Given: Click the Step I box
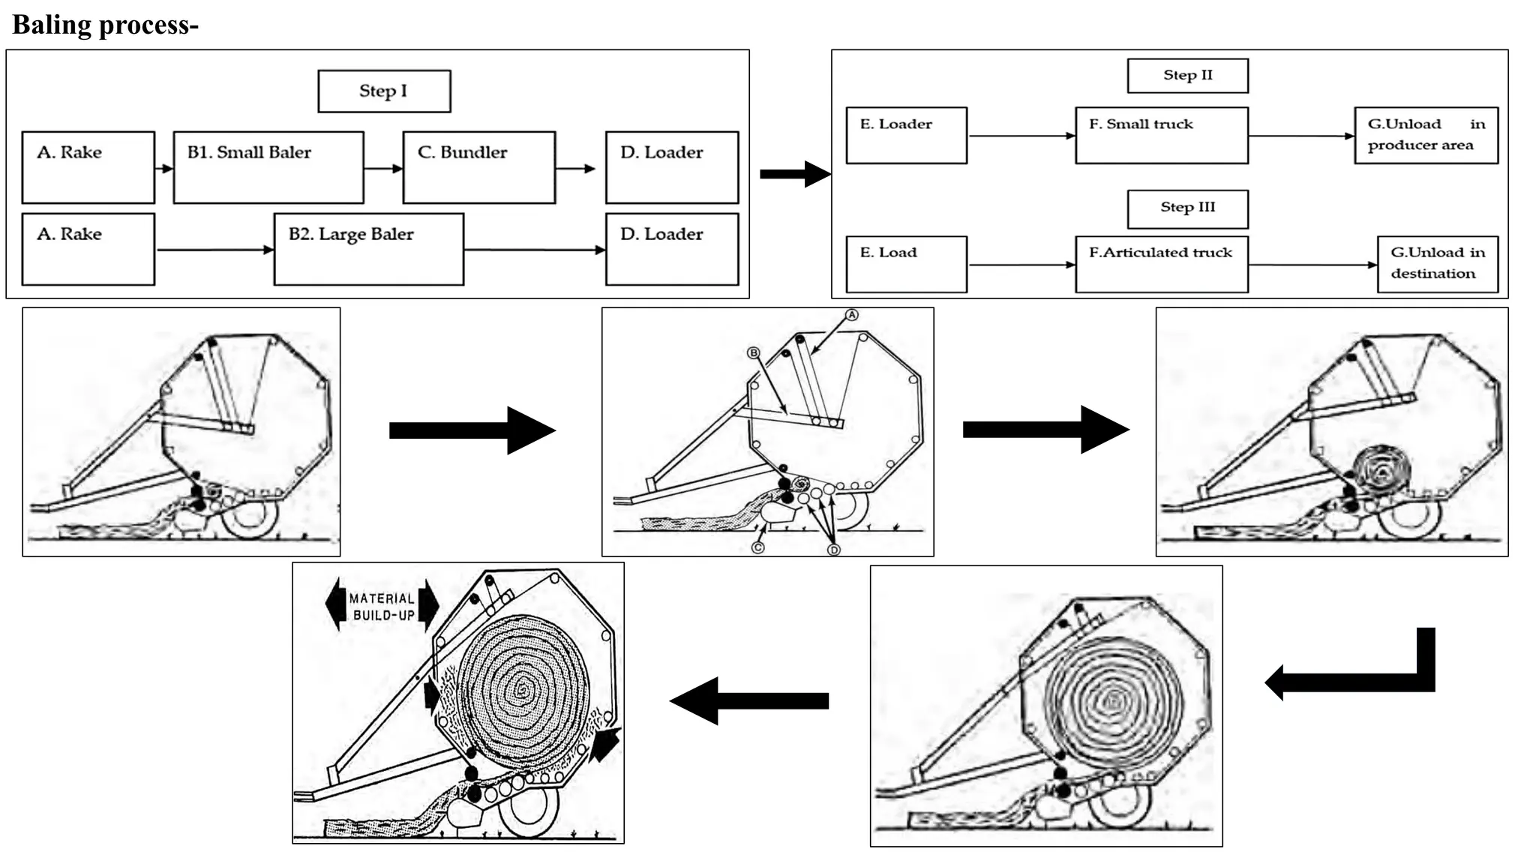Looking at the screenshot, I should tap(384, 91).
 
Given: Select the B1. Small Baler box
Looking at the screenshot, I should tap(268, 167).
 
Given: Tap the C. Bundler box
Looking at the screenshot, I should tap(478, 167).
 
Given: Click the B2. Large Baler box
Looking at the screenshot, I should tap(368, 249).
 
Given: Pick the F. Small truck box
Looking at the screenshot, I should tap(1161, 135).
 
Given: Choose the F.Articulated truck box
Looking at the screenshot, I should tap(1161, 264).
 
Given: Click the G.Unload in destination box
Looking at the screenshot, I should tap(1437, 264).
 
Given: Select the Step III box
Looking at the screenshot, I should tap(1187, 208).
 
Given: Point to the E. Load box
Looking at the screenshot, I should tap(906, 264).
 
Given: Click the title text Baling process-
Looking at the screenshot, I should tap(105, 25).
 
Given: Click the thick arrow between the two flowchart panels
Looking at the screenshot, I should tap(793, 174).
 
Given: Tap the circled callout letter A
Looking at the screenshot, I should tap(851, 315).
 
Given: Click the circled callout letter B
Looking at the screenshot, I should tap(753, 352).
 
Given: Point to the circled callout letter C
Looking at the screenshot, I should tap(757, 547).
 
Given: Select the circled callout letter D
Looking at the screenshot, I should tap(833, 550).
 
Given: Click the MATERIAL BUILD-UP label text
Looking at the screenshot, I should tap(382, 607).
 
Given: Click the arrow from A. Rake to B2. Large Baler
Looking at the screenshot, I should tap(215, 250).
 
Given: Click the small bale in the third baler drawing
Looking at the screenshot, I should tap(1381, 471).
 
